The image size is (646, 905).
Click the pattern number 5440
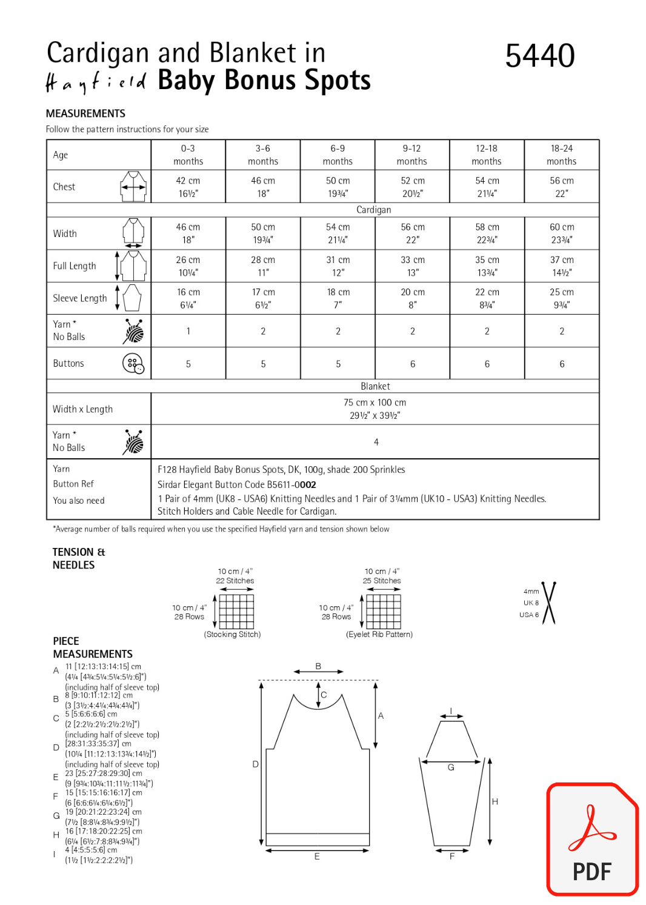tap(539, 56)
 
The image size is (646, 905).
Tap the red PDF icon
tap(592, 839)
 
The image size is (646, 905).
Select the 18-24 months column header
tap(561, 155)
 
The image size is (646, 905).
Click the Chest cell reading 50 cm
tap(338, 187)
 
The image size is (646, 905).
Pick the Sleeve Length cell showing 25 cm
tap(561, 298)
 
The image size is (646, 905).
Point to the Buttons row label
tap(68, 363)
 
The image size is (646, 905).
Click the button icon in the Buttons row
tap(133, 364)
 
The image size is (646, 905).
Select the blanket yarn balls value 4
tap(376, 442)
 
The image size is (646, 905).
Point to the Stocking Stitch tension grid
tap(236, 611)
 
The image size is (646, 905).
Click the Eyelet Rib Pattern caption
tap(379, 634)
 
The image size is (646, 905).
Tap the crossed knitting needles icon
tap(548, 603)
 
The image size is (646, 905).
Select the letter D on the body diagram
tap(256, 764)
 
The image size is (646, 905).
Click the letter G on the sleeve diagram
tap(451, 767)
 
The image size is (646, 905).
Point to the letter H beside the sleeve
tap(495, 801)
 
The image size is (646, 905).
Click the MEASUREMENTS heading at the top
tap(85, 113)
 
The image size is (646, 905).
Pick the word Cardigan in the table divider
tap(373, 210)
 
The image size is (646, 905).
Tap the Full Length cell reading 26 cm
tap(188, 265)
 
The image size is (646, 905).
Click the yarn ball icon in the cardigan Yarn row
tap(134, 331)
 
